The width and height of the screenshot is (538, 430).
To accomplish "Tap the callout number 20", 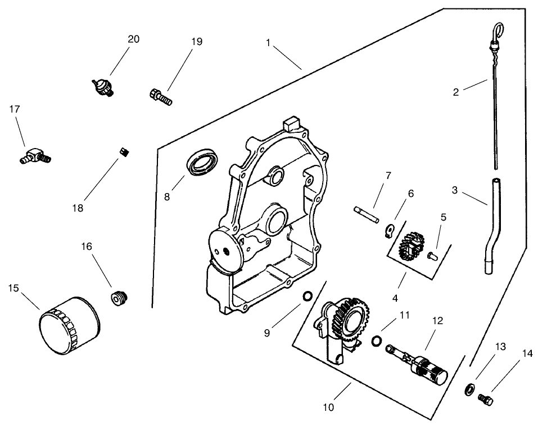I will coord(133,39).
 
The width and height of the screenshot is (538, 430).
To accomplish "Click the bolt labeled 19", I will coord(160,96).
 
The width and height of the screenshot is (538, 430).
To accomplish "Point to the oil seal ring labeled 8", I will coord(202,162).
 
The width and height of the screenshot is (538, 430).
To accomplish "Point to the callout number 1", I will coord(269,42).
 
